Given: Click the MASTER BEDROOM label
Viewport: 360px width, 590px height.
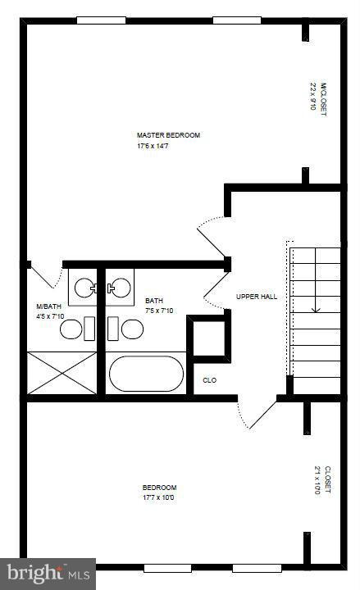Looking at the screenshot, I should tap(168, 135).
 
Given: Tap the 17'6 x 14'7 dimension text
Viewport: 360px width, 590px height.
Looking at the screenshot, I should tap(157, 147).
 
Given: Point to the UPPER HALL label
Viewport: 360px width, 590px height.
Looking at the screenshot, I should tap(256, 297).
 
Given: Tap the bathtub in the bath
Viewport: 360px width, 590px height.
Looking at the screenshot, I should tap(147, 374).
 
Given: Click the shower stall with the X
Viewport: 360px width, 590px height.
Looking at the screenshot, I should tap(62, 373).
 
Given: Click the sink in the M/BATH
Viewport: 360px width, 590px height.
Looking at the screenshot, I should tap(84, 287).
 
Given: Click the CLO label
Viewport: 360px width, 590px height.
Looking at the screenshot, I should tap(210, 380).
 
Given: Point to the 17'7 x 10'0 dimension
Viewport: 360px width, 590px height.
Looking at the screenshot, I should tap(158, 497).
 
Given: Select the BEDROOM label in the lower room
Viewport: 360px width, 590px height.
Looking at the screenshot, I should tap(158, 488).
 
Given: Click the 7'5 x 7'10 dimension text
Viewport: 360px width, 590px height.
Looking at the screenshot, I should tap(159, 311).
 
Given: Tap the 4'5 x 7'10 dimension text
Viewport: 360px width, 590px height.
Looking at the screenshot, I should tap(50, 315).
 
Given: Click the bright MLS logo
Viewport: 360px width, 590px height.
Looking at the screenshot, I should tap(48, 573).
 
